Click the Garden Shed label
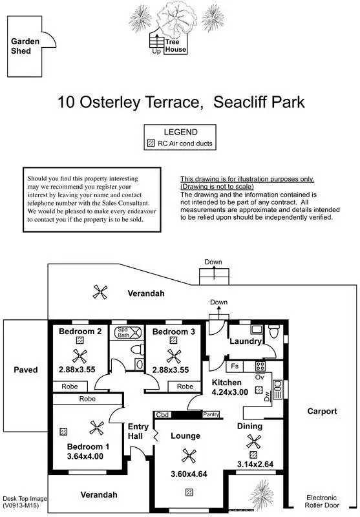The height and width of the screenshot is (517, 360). click(25, 46)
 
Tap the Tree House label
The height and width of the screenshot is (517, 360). click(176, 46)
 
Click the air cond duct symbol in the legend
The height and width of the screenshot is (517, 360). click(151, 143)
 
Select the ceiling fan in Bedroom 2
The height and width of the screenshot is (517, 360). click(79, 356)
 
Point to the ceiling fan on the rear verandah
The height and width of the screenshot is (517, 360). click(100, 292)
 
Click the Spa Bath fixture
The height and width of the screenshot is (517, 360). click(129, 332)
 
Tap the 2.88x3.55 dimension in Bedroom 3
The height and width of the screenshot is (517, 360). click(171, 370)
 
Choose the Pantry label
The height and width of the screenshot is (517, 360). click(211, 414)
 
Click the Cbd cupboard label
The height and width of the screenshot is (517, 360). click(162, 415)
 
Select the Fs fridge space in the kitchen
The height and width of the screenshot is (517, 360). click(235, 366)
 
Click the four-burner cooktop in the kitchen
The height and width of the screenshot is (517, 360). click(260, 366)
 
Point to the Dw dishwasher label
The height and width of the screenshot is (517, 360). click(267, 396)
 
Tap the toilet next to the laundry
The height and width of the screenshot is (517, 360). click(274, 331)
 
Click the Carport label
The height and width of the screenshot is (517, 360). click(322, 411)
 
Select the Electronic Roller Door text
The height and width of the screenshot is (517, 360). click(322, 501)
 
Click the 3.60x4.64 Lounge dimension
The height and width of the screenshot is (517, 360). click(189, 474)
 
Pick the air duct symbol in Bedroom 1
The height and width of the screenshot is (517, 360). click(63, 431)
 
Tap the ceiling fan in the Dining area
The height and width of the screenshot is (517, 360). click(253, 442)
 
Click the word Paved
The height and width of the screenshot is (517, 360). click(26, 370)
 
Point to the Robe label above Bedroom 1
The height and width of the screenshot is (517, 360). click(87, 399)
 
